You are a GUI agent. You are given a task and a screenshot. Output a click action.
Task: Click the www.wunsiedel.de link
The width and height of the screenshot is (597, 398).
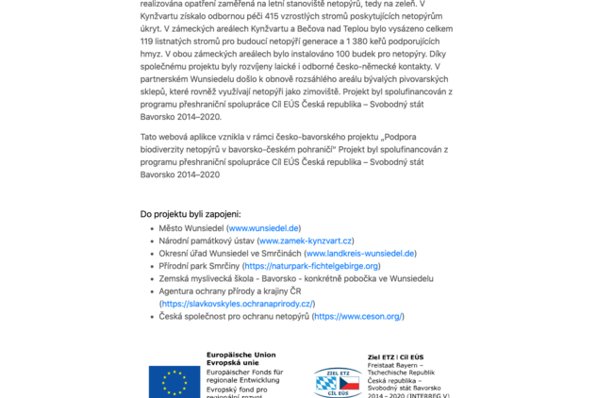pos(264,228)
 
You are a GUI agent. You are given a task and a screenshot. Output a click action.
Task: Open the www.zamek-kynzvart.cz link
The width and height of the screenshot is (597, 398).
pos(307,241)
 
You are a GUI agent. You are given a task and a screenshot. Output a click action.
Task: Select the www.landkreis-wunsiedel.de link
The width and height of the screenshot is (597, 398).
pos(360,254)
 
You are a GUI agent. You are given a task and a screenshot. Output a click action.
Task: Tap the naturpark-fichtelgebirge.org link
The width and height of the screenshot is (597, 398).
pos(311,266)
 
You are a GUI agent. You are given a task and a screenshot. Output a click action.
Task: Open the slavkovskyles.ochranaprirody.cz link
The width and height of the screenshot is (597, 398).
pos(238,304)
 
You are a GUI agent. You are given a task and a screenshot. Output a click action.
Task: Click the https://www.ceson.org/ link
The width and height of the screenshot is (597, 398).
pos(358,316)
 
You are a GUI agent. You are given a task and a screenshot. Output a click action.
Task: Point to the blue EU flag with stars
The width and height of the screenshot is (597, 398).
pos(174,381)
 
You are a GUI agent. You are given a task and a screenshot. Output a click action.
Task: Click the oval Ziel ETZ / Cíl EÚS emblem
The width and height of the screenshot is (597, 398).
pos(338,382)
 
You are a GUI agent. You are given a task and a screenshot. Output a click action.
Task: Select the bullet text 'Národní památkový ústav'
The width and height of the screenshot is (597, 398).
pos(207,241)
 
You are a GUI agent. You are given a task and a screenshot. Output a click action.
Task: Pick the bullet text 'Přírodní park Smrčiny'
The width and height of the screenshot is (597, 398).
pos(198,266)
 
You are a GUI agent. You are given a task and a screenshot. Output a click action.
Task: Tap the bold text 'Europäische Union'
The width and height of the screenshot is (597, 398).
pos(240,355)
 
